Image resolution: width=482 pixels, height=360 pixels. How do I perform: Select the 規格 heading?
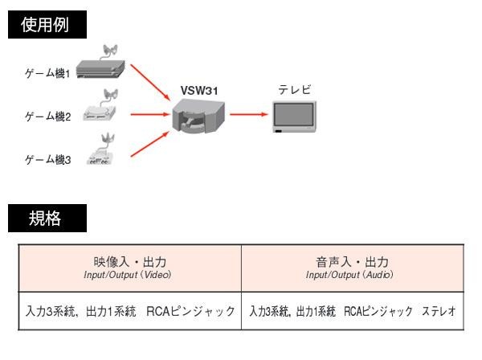45,217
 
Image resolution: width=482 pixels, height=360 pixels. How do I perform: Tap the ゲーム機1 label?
49,73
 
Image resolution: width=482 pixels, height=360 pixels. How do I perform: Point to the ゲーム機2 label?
49,117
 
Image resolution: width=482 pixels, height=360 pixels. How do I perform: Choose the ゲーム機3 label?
49,160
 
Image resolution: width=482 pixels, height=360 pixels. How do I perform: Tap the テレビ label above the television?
295,90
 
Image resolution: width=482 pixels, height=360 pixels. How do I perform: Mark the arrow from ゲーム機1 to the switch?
149,84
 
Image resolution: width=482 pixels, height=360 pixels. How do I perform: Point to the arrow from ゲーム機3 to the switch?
149,145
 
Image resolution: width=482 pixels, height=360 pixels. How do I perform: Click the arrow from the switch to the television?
247,114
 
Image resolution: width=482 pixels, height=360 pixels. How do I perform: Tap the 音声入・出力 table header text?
352,263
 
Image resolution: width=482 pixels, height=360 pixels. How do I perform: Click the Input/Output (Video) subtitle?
129,276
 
